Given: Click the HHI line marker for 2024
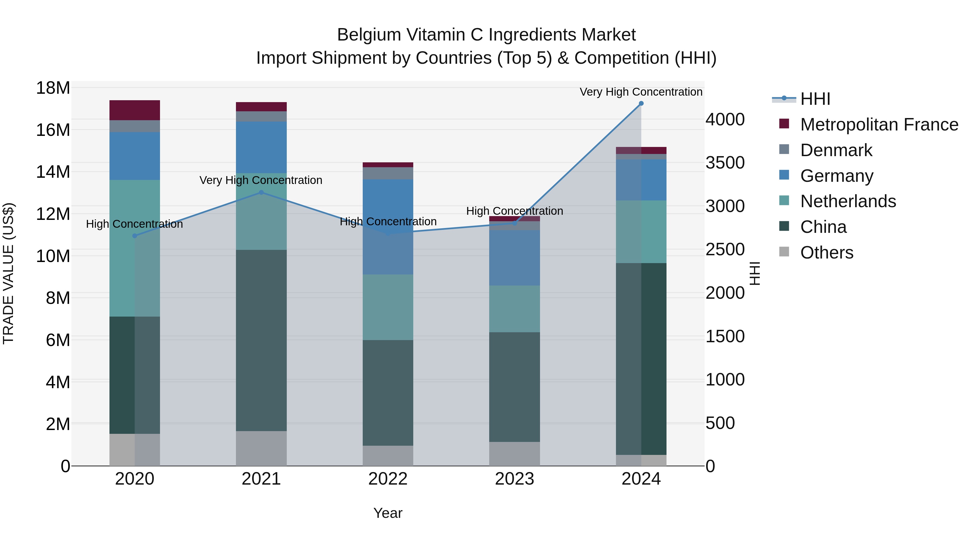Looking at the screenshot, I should coord(641,103).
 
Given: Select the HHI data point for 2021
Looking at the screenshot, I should coord(261,193).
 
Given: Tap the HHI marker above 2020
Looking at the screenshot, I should coord(135,236).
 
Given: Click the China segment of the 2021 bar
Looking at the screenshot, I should coord(261,340).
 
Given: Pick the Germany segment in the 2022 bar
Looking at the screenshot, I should coord(388,227).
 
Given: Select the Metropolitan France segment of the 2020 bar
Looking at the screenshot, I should coord(135,110).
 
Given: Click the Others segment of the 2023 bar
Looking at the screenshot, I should coord(514,454).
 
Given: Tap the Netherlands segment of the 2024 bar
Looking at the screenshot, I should coord(641,231).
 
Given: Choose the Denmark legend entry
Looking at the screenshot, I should coord(836,150).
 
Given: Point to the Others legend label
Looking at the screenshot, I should coord(827,253).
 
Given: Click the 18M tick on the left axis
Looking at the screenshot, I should coord(53,88).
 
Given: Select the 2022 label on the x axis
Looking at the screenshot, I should coord(388,479).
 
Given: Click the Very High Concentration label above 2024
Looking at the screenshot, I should coord(641,92).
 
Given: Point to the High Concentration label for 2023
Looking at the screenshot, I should coord(514,211).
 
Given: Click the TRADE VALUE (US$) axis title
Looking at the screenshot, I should coord(8,273).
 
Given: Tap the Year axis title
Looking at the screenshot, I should coord(388,513).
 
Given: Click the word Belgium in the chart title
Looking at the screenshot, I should coord(369,35).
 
